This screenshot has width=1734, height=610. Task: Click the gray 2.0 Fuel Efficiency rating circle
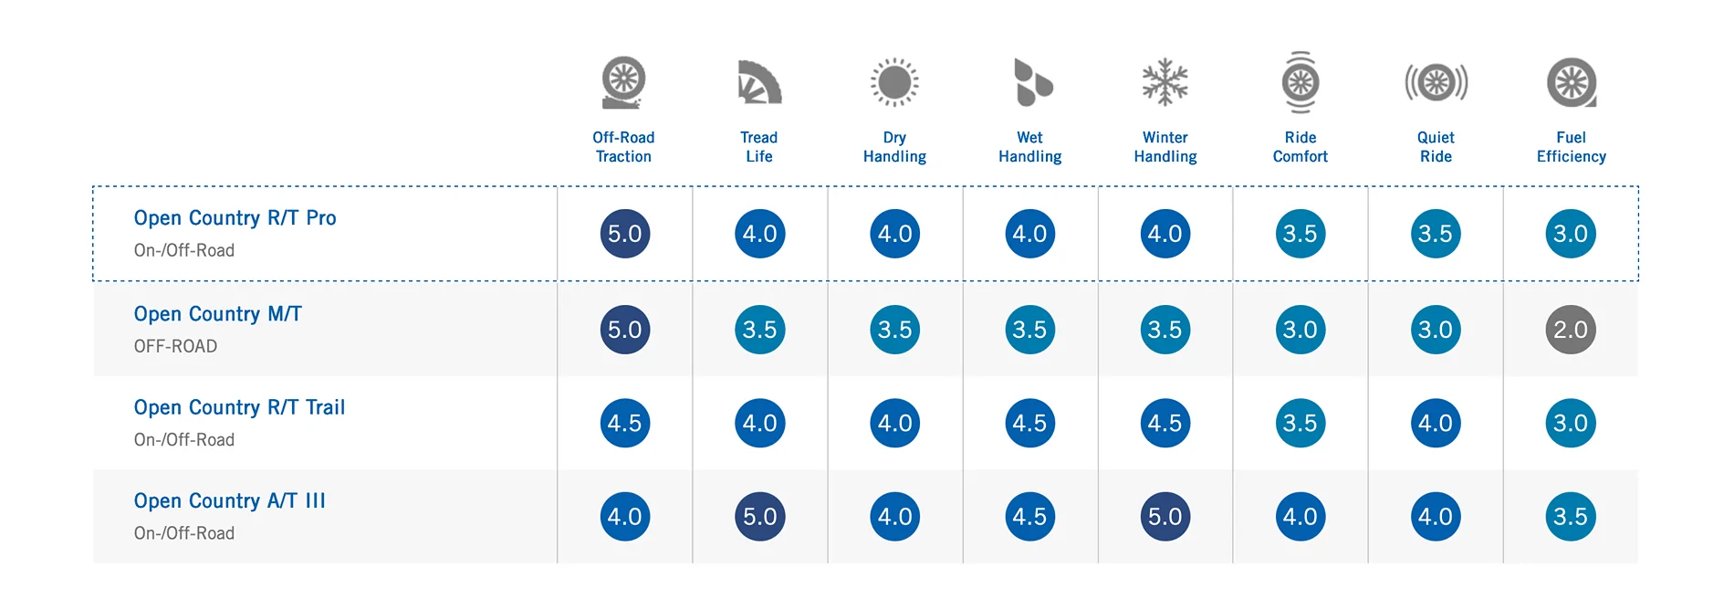click(1571, 330)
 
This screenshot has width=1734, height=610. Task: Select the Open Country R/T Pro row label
click(235, 218)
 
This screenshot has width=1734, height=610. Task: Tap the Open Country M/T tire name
click(217, 314)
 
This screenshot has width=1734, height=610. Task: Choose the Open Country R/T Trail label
click(239, 407)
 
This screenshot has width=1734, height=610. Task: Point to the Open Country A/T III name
click(229, 501)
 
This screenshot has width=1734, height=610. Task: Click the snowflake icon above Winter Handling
click(1165, 82)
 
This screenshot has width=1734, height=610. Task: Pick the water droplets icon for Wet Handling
click(1032, 82)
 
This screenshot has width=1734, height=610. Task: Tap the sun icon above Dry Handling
click(894, 82)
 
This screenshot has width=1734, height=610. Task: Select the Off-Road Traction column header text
click(624, 147)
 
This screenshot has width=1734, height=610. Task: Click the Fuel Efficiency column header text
click(1571, 147)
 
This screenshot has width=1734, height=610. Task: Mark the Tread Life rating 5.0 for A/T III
click(759, 517)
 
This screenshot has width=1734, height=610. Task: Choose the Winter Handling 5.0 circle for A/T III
click(1165, 517)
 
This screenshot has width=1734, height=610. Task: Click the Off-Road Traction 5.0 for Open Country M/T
click(624, 330)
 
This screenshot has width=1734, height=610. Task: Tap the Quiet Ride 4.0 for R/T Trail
click(1436, 423)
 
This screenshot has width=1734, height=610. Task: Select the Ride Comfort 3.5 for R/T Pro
click(1300, 234)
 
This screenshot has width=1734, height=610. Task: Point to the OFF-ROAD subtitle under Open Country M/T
click(175, 347)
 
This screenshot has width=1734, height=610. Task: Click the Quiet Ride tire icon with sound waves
click(1436, 82)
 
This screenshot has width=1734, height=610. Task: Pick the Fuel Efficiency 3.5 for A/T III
click(1571, 517)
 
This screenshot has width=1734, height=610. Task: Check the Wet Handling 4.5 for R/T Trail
click(1029, 423)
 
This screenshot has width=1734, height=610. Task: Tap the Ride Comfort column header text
click(1300, 147)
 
